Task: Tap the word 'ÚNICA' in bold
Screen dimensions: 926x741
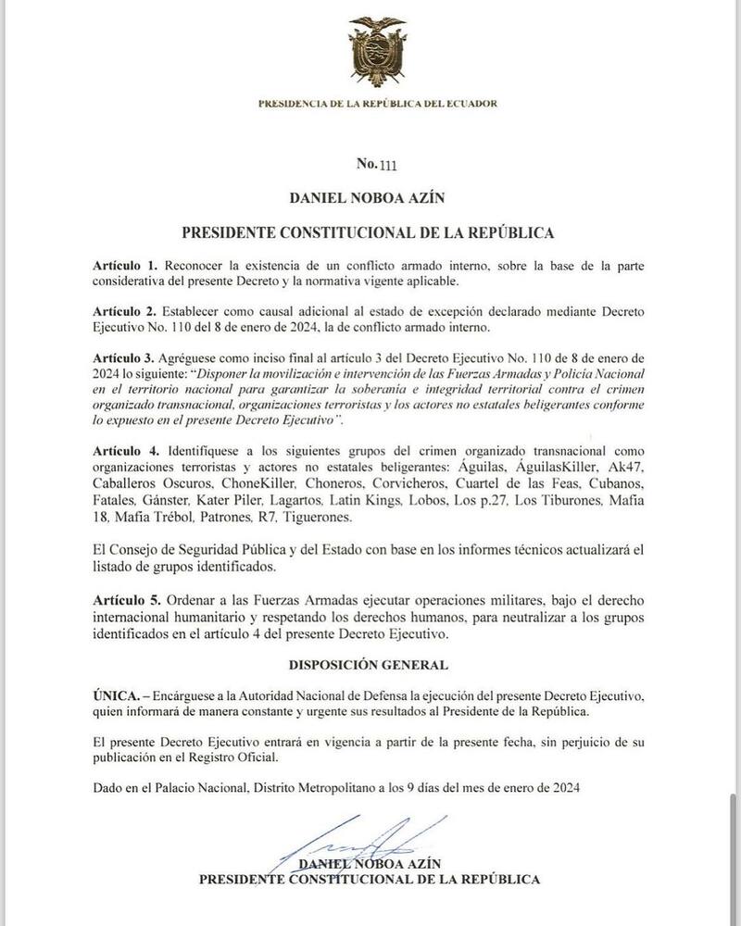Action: [x=113, y=694]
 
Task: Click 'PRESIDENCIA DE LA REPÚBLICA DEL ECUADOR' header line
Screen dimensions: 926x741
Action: [x=378, y=104]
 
